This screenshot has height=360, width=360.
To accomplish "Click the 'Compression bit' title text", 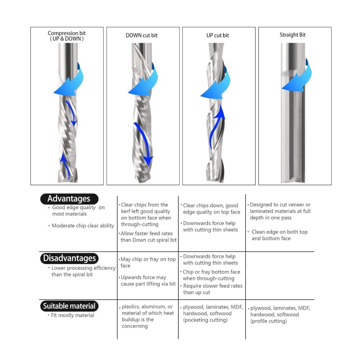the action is point(67,33).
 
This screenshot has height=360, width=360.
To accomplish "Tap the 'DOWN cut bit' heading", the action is point(141,35).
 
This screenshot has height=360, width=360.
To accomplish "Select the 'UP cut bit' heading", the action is point(218,35).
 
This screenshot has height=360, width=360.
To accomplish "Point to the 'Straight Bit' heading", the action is point(292,35).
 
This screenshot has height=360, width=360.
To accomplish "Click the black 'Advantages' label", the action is point(69,199).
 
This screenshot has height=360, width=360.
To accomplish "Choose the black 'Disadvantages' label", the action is point(69,258).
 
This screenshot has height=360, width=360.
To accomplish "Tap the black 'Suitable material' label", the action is point(69,306).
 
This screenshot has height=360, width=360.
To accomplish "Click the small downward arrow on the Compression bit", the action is point(71,112).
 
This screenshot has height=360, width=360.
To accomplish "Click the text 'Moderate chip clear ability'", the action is point(83,226).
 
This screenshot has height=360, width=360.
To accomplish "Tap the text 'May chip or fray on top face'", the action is point(148,262).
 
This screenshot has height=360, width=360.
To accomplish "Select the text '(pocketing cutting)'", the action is point(205,320).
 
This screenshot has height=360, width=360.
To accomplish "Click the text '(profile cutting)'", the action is point(269,321).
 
